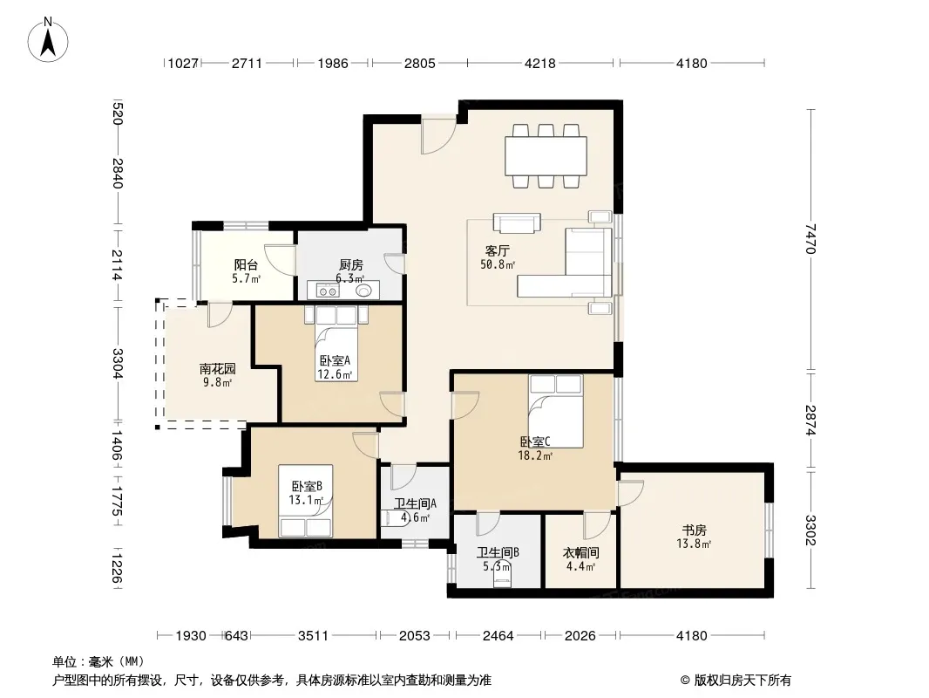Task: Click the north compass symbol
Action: point(48,40)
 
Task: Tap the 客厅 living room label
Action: point(497,251)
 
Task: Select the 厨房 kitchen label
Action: point(350,265)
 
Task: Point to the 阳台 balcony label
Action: point(246,265)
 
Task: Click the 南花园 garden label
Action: point(218,369)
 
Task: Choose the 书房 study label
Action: point(694,530)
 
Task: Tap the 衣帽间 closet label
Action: point(580,552)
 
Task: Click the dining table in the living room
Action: point(546,156)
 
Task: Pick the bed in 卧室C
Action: point(556,411)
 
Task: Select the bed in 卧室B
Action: point(305,501)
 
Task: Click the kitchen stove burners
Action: point(328,291)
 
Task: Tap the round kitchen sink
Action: point(363,291)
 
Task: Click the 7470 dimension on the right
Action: point(810,238)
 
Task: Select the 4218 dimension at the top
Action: point(539,63)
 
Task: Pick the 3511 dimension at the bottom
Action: point(313,636)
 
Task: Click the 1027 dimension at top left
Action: point(182,63)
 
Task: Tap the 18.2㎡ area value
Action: point(535,456)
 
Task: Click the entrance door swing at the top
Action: point(438,134)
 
